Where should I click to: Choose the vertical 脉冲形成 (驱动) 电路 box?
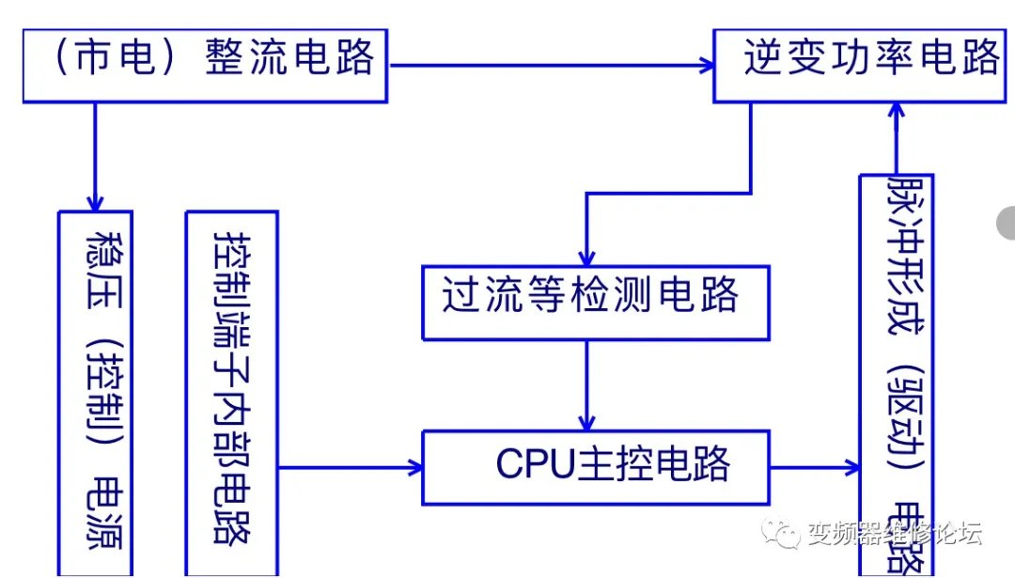click(897, 376)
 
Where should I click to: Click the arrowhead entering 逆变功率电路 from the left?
click(706, 66)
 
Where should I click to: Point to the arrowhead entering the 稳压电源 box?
click(95, 202)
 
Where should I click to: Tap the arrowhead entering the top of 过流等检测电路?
click(586, 258)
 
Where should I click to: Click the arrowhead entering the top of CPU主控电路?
click(587, 422)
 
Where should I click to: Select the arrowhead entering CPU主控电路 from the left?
click(414, 467)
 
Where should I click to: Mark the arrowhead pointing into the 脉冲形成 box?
click(852, 467)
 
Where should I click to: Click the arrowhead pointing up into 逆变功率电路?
click(897, 110)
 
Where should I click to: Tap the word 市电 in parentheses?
click(117, 57)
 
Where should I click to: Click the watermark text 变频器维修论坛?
click(895, 534)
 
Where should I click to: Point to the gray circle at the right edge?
click(1007, 223)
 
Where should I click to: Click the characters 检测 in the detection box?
click(626, 295)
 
